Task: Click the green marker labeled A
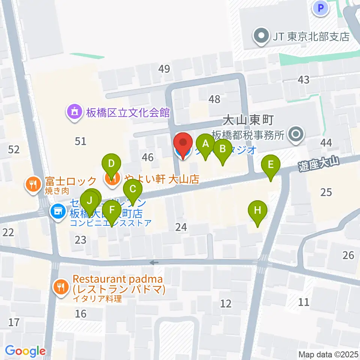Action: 205,144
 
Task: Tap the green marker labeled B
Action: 222,149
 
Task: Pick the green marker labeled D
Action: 111,164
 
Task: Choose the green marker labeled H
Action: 257,210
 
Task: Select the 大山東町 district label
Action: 249,121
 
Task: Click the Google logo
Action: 25,351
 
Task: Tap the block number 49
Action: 164,69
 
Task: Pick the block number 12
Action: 226,303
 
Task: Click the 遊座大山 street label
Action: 319,163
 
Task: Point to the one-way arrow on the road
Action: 153,262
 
